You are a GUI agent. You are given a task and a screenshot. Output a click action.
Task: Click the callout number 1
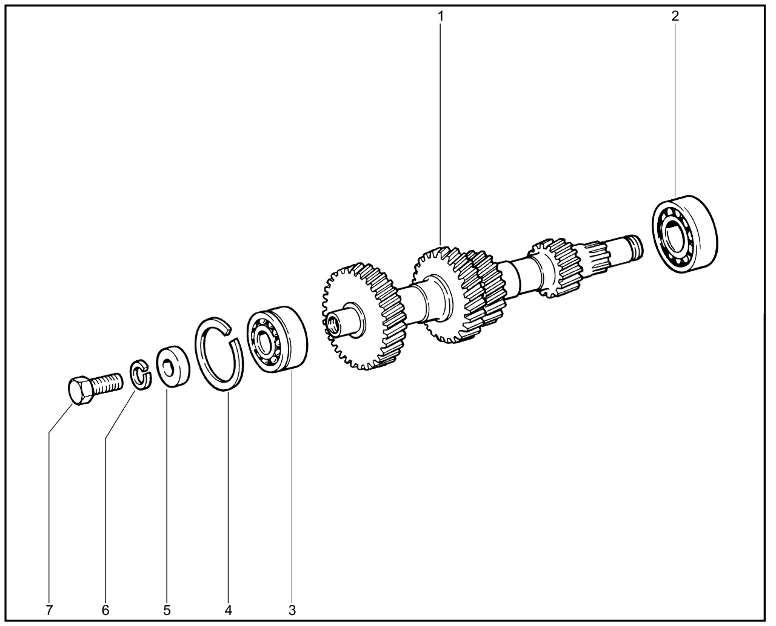[x=440, y=16]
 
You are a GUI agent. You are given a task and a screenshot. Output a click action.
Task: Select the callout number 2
[x=675, y=16]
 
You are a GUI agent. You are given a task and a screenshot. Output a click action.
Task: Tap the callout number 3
[x=292, y=610]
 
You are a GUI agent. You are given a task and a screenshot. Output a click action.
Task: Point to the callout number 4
[x=228, y=610]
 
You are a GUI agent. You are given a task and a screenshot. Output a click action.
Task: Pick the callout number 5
[x=167, y=610]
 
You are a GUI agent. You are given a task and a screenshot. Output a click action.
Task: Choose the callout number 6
[x=105, y=610]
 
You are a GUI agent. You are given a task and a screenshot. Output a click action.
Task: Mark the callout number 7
[x=49, y=610]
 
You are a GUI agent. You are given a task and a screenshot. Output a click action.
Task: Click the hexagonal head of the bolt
[x=80, y=391]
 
